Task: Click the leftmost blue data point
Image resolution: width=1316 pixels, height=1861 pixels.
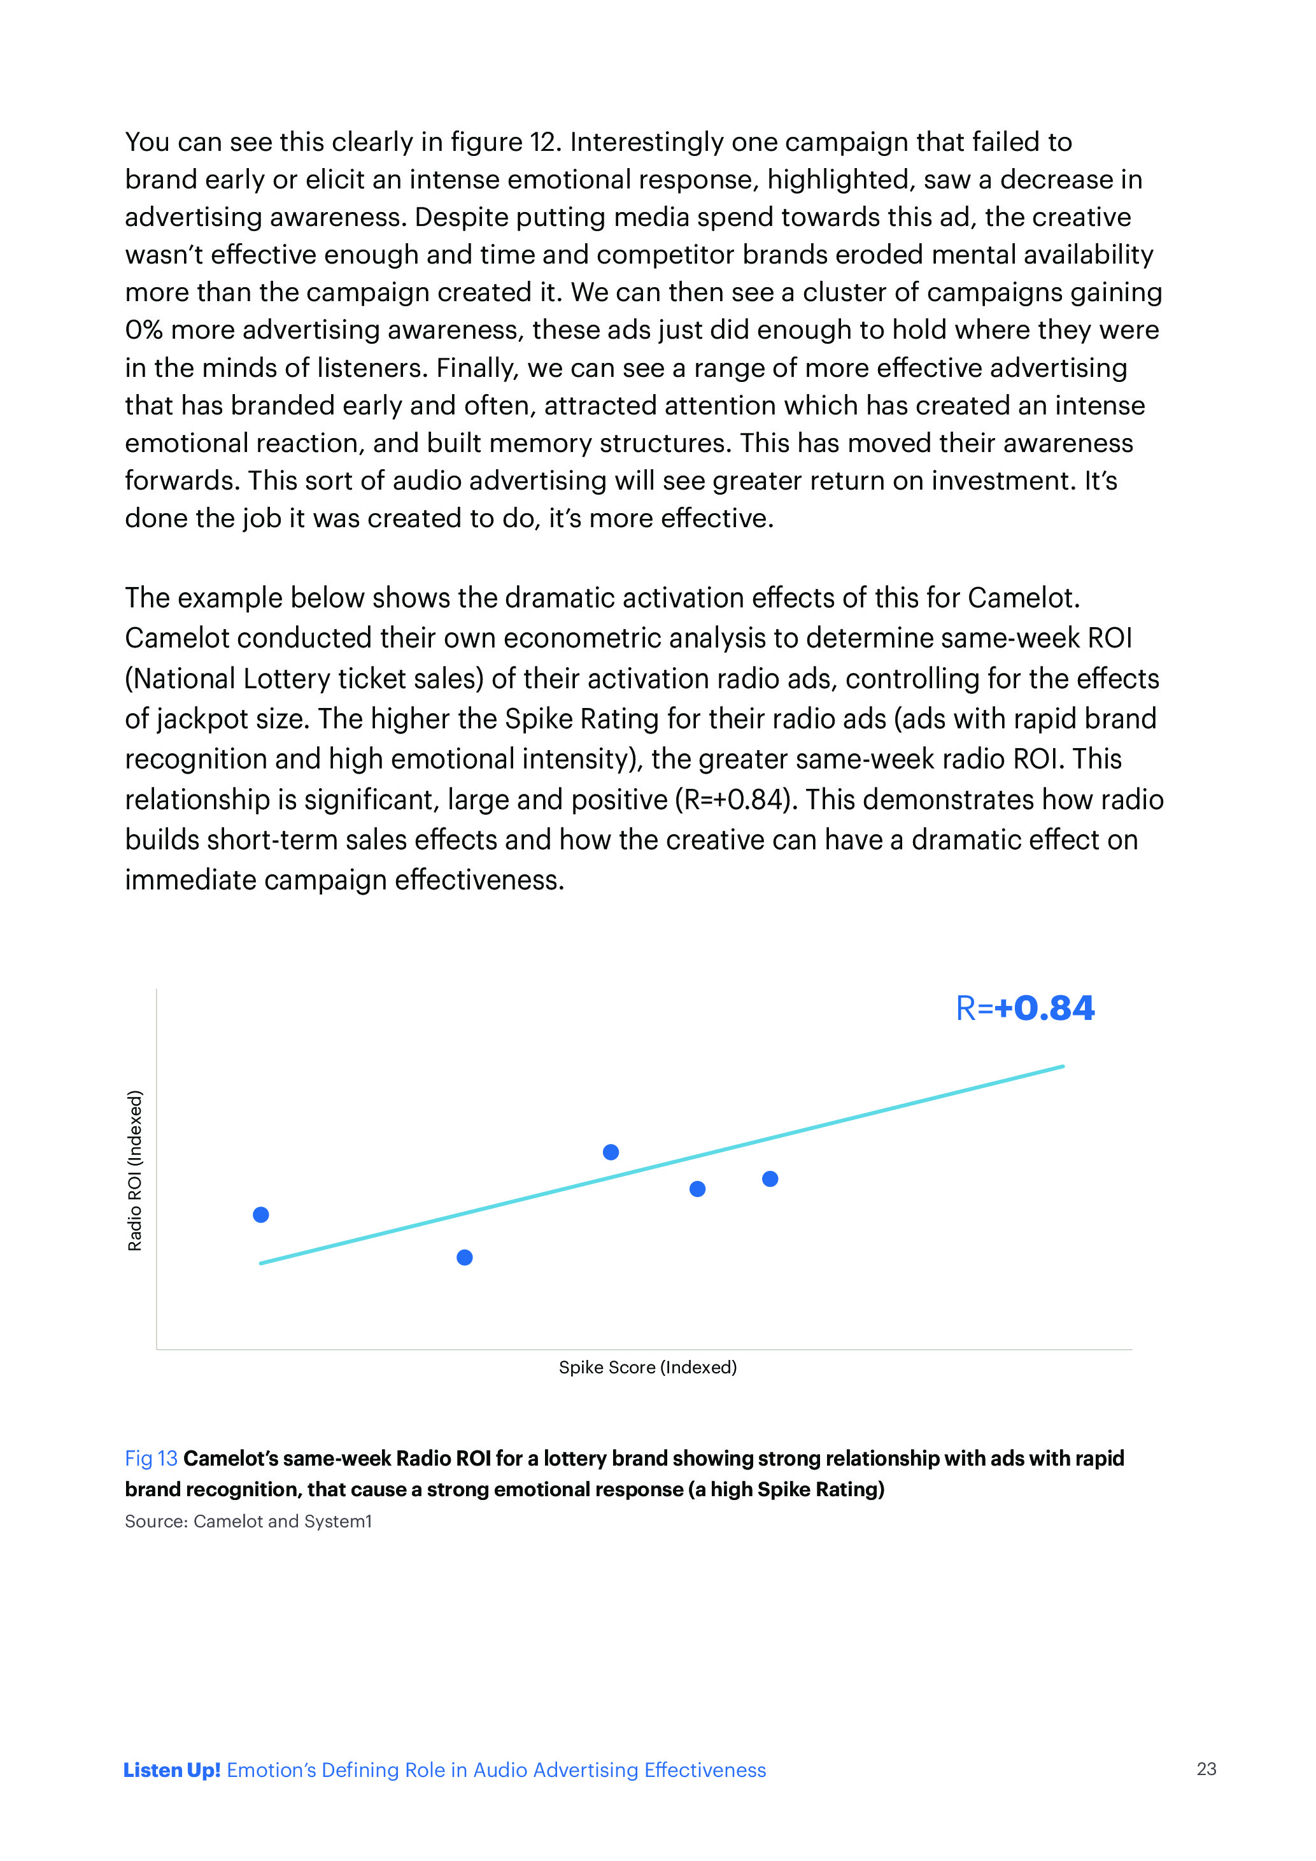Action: coord(261,1214)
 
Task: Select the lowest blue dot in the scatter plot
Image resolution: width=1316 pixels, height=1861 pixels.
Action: coord(464,1257)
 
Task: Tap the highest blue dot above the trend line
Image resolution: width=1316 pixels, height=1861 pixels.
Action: coord(611,1152)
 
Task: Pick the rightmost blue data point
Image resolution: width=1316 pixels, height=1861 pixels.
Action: coord(770,1178)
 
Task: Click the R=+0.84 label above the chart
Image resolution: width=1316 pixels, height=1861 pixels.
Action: coord(1025,1008)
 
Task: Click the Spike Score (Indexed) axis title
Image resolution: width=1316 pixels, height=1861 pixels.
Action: coord(647,1368)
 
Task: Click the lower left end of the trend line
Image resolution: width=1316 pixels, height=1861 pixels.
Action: coord(261,1263)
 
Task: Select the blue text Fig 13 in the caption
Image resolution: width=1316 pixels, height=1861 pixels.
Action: coord(151,1458)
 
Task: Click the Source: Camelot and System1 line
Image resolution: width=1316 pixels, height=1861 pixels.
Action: coord(248,1522)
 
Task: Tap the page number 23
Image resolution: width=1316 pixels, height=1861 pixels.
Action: coord(1206,1769)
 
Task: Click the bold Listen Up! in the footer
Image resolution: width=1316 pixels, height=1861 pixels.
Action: coord(172,1770)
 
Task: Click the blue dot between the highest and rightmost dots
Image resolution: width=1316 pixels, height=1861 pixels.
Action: coord(697,1189)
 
